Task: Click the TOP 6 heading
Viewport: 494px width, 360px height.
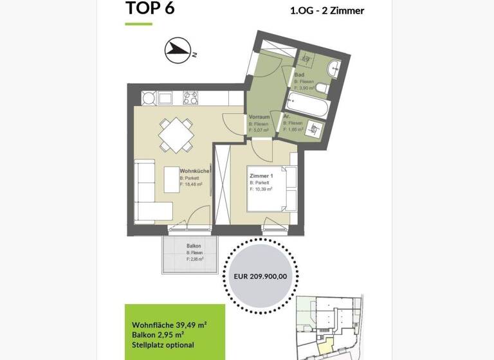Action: [150, 8]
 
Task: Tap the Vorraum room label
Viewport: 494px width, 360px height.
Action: [259, 118]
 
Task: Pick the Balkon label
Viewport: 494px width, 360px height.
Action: [194, 246]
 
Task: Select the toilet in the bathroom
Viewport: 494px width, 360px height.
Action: [323, 87]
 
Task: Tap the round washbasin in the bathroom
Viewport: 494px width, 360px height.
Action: [334, 67]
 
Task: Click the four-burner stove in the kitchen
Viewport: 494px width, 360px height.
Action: [191, 98]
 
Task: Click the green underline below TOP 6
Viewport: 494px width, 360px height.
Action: [138, 24]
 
